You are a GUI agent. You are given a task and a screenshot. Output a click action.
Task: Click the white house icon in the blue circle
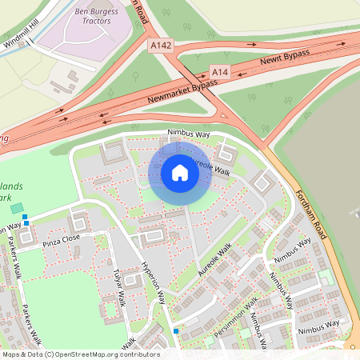[180, 173]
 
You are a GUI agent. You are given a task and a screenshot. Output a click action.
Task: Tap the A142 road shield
[161, 47]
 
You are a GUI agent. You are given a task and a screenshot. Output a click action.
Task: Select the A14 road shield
[220, 71]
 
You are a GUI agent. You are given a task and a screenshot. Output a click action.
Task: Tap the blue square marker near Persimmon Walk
[176, 330]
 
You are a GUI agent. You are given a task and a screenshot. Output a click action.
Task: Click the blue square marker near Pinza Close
[26, 217]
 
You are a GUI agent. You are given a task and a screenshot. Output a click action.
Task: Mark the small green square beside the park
[17, 208]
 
